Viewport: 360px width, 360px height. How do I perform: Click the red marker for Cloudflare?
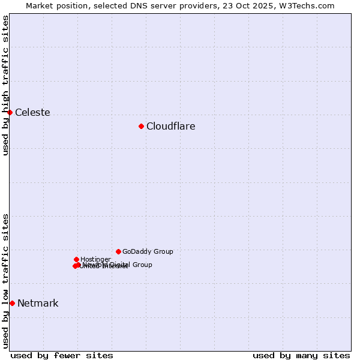click(x=141, y=126)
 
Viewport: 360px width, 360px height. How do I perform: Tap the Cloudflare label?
click(x=170, y=127)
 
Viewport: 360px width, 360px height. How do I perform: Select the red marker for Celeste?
click(x=10, y=112)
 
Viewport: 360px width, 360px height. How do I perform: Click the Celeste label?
click(x=32, y=113)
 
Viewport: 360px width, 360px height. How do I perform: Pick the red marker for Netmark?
click(x=12, y=303)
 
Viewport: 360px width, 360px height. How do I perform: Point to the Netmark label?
click(x=38, y=304)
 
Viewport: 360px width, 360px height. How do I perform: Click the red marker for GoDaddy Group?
click(x=118, y=251)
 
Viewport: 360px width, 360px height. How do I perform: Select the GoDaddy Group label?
click(x=148, y=252)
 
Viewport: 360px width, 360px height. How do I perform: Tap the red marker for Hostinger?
click(x=76, y=259)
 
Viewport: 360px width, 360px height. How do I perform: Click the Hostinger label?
click(x=95, y=260)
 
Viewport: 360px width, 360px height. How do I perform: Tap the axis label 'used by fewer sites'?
click(x=62, y=356)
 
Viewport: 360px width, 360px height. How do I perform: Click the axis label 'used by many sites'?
click(x=301, y=356)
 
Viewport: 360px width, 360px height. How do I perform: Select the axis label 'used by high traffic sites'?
click(x=5, y=85)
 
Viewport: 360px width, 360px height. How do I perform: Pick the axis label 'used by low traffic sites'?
click(x=5, y=281)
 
